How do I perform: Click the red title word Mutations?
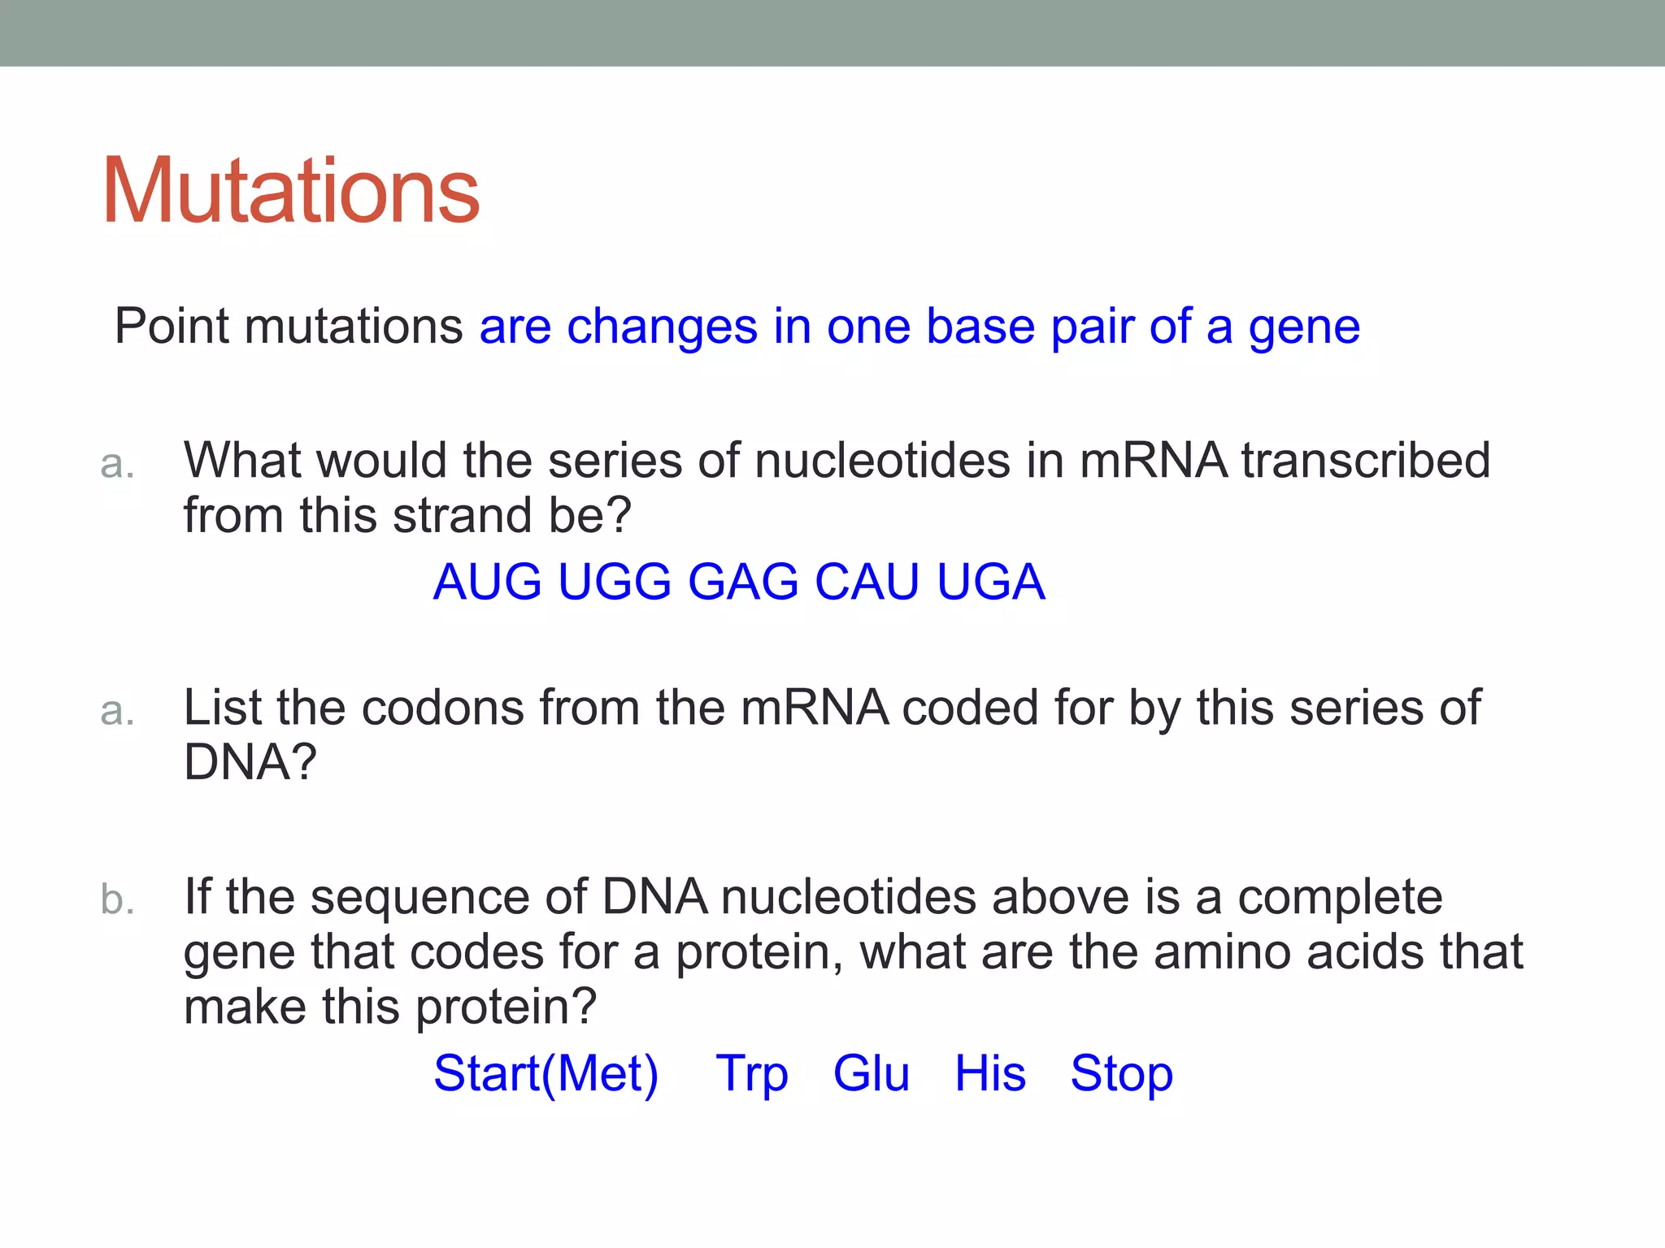(x=290, y=191)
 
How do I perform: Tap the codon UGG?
(x=614, y=582)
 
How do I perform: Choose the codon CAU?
(x=867, y=582)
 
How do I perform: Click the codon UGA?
(x=990, y=582)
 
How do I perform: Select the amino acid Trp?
(x=751, y=1073)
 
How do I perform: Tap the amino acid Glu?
(x=871, y=1073)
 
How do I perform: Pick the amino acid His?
(x=989, y=1073)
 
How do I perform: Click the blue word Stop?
(x=1121, y=1073)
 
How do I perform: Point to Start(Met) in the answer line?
(x=546, y=1073)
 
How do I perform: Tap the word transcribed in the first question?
(x=1366, y=461)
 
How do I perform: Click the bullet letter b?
(x=117, y=899)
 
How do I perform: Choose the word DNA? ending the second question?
(x=250, y=762)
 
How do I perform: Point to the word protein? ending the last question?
(x=506, y=1007)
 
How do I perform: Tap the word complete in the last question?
(x=1340, y=899)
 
